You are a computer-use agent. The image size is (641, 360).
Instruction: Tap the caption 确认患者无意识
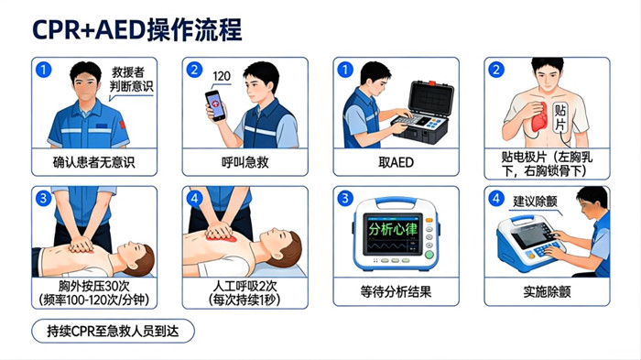click(94, 163)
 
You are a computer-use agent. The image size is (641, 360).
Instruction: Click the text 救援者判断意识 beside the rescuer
click(131, 80)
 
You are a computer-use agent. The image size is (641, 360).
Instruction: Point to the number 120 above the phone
click(222, 76)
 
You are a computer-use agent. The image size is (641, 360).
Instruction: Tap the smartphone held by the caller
click(215, 106)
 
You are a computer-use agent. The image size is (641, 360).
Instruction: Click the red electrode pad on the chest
click(534, 115)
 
